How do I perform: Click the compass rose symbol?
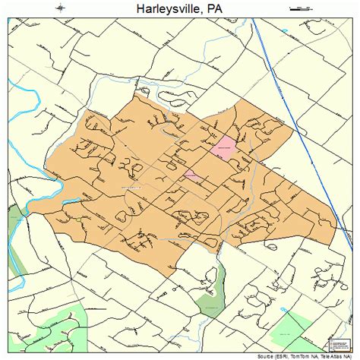pos(60,8)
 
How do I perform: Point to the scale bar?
pos(301,8)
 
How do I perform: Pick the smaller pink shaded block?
pos(193,175)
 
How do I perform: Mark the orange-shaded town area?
pos(152,205)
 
